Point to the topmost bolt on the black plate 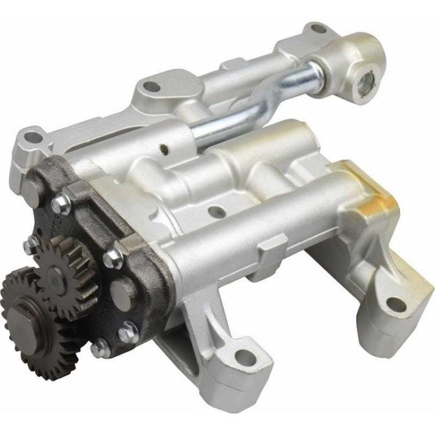click(x=61, y=204)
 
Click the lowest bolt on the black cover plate click(x=100, y=349)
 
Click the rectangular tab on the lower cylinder click(x=272, y=247)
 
